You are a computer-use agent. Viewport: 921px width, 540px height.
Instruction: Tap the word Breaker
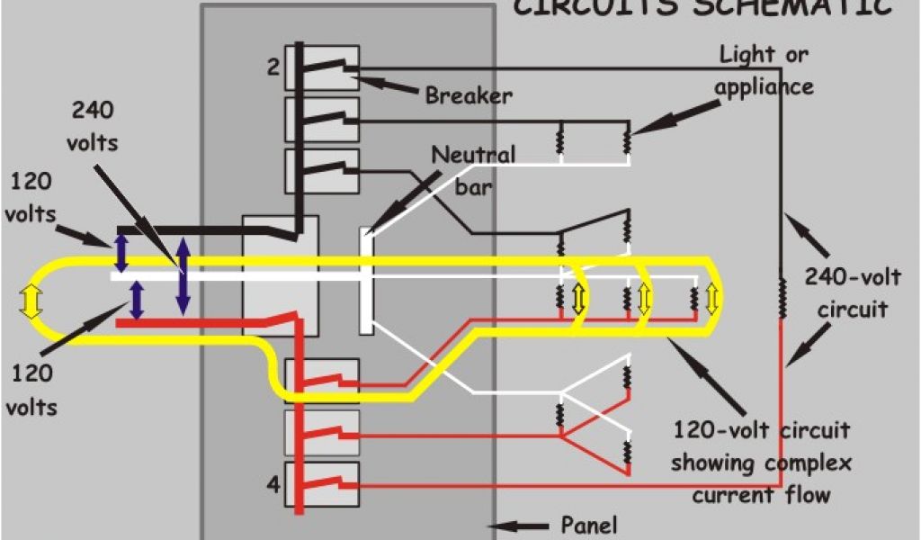(469, 94)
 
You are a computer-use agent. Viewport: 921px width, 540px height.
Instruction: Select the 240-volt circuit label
(845, 293)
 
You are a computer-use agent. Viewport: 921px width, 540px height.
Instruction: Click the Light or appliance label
(764, 70)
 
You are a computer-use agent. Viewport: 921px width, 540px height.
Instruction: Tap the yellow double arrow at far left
(31, 301)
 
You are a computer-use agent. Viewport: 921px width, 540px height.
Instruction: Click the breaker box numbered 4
(322, 487)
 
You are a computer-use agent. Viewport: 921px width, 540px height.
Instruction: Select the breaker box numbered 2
(322, 67)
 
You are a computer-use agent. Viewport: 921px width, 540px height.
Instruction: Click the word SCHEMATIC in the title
(792, 7)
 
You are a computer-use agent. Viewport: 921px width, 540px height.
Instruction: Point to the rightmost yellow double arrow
(713, 299)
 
